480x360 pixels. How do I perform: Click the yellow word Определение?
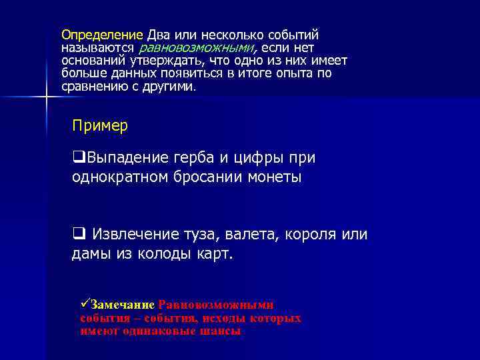coord(102,35)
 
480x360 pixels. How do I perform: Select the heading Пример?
coord(100,125)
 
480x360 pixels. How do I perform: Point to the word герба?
coord(213,159)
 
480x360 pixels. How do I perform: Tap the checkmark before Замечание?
coord(84,304)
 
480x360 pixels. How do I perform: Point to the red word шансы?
coord(224,330)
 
